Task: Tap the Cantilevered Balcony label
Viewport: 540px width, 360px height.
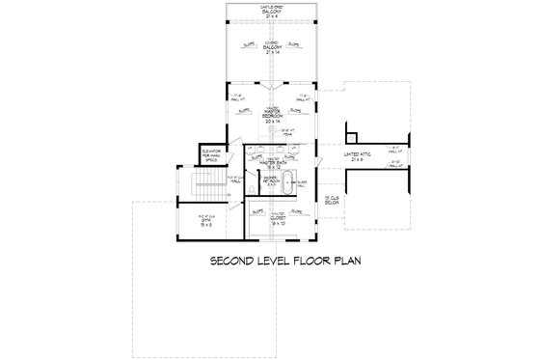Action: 270,11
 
